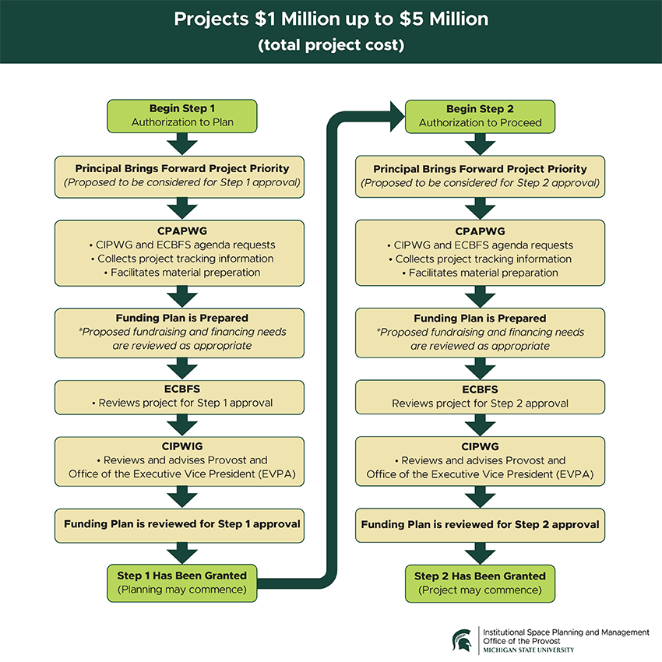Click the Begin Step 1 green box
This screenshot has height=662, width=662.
pos(181,115)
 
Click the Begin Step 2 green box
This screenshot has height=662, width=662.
pos(480,115)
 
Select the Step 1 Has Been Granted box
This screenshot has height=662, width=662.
pos(181,583)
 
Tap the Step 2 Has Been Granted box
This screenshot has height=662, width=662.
pos(480,583)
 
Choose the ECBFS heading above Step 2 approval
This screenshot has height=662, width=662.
pos(480,389)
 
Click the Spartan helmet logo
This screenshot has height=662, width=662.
pos(462,639)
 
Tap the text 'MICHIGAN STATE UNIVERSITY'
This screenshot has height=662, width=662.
pos(529,650)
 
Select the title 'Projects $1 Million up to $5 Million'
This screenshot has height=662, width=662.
pos(331,19)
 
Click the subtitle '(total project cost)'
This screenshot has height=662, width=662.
pos(331,45)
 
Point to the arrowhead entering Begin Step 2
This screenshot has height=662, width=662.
pos(393,115)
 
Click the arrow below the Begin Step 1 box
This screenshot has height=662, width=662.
pos(181,144)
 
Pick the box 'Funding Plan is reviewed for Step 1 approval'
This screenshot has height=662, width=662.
pos(181,524)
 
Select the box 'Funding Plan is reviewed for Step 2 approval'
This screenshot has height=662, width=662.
pos(480,524)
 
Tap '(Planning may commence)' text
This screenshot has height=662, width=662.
pos(181,590)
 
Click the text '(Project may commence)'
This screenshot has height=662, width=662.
pos(480,590)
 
